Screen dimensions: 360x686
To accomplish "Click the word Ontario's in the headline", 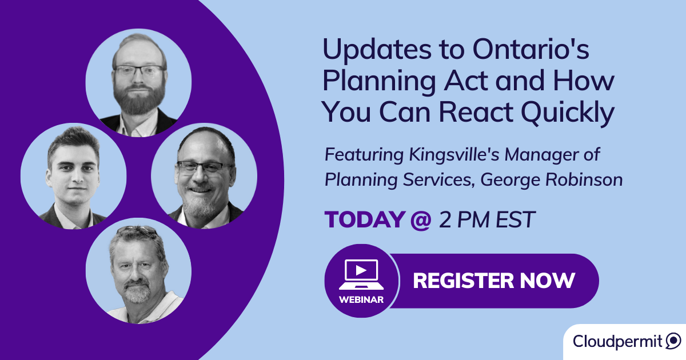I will tap(530, 50).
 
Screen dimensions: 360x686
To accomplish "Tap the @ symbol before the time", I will tap(420, 220).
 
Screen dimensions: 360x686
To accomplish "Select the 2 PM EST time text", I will tap(486, 220).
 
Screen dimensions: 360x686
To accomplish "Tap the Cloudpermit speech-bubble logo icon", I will tap(673, 342).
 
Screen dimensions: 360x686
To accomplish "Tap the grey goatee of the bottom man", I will tap(137, 293).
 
